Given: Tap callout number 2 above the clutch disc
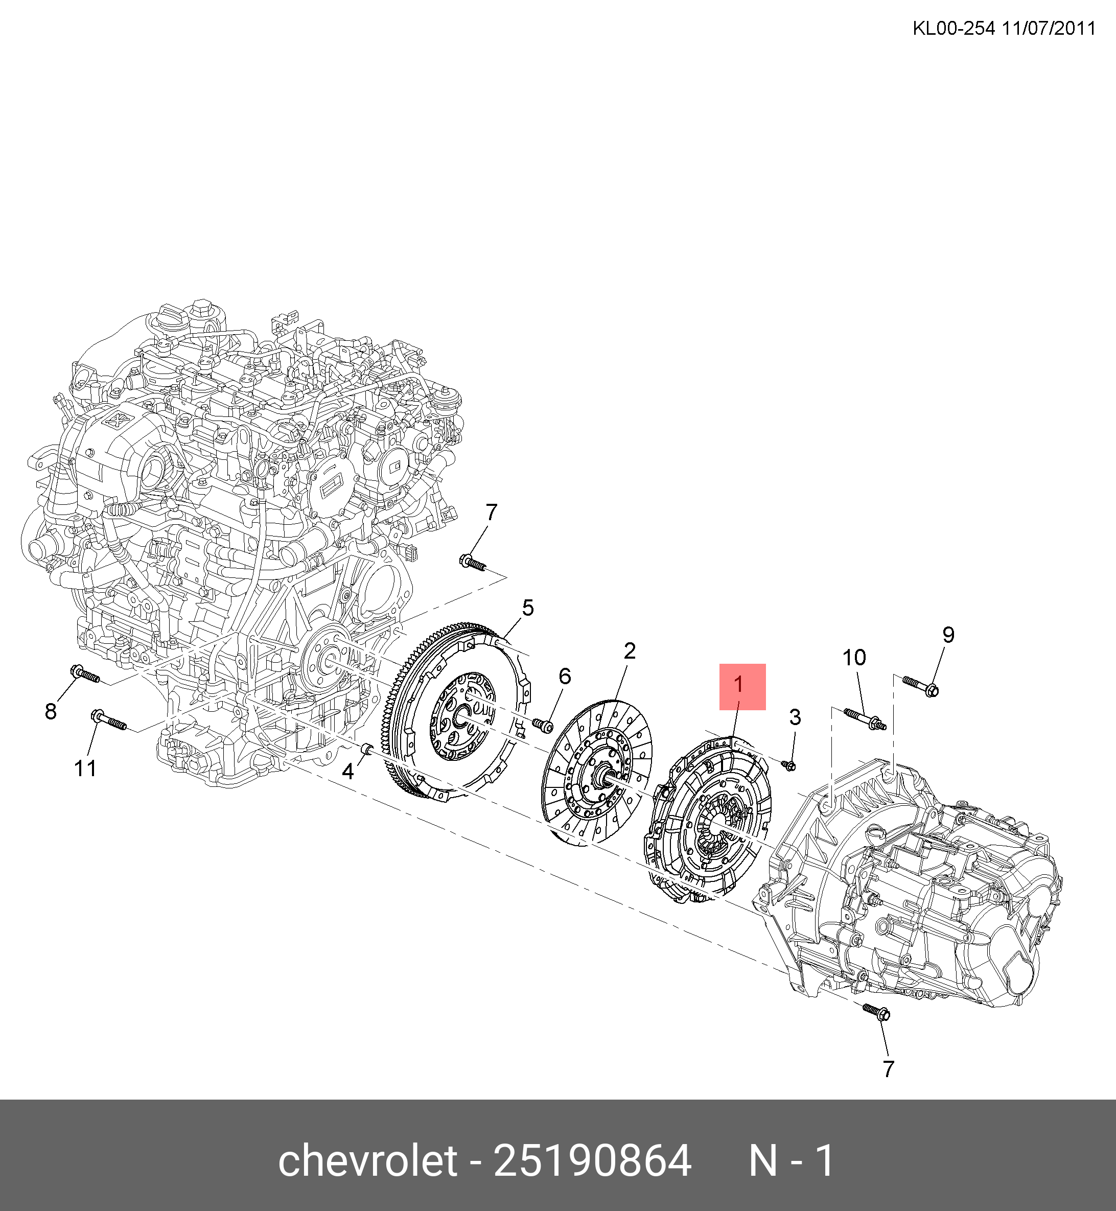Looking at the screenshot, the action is (x=629, y=650).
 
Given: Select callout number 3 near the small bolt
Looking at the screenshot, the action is (x=795, y=717).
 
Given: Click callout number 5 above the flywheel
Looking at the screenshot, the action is (x=528, y=608).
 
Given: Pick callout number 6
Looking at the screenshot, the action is (x=565, y=676).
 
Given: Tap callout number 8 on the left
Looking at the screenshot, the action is (x=51, y=711).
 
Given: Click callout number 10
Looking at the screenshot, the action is (x=854, y=657).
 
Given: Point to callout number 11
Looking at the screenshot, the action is (x=85, y=768).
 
